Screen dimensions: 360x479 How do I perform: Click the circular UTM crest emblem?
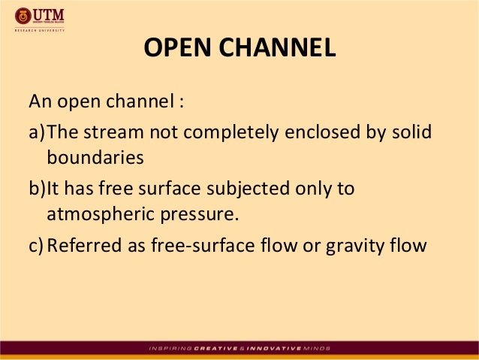click(23, 16)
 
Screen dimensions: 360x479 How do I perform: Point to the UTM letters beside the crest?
click(50, 14)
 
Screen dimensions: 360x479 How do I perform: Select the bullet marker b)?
click(37, 188)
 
